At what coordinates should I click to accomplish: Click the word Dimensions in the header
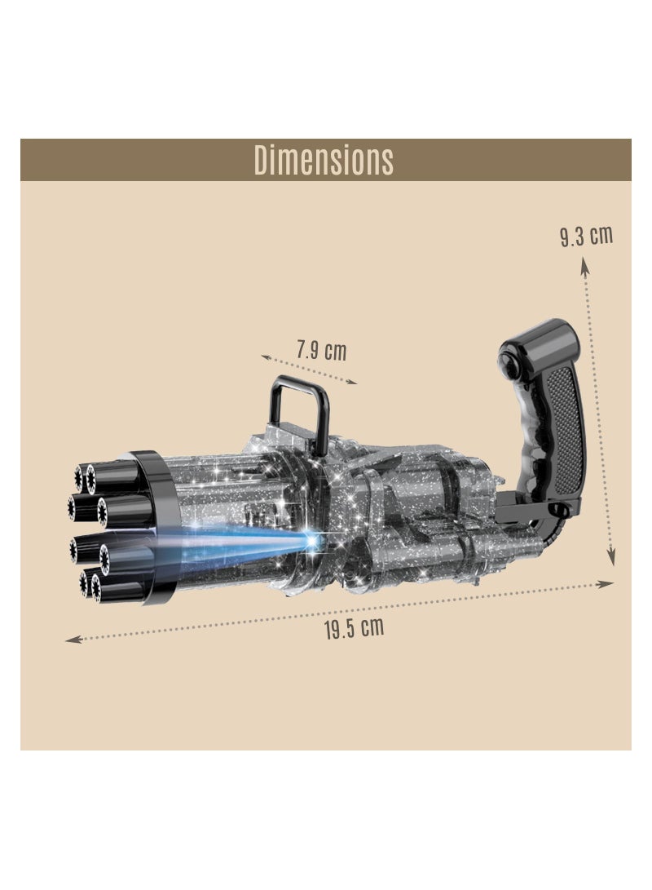[x=324, y=160]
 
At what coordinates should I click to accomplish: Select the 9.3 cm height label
[x=586, y=237]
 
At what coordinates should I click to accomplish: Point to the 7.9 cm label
[x=321, y=351]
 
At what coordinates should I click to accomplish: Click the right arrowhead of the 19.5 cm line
[x=607, y=583]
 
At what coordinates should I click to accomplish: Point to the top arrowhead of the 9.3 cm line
[x=584, y=262]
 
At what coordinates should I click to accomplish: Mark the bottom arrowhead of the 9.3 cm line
[x=614, y=559]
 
